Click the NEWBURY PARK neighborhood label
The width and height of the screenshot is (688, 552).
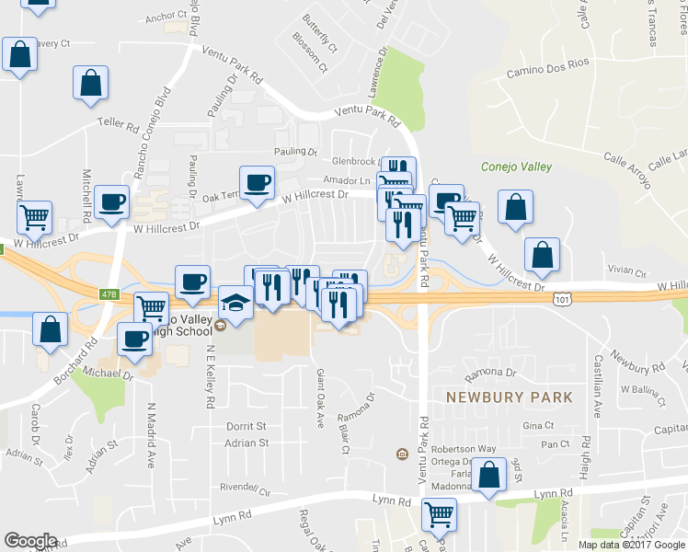coord(509,397)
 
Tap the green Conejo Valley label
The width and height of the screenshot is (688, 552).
coord(516,167)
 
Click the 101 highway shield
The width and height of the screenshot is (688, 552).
coord(563,300)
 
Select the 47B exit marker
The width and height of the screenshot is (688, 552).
coord(110,294)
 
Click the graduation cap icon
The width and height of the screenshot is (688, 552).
coord(235,305)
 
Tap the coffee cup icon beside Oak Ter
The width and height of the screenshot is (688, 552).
coord(257,182)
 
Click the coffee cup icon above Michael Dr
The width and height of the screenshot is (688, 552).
coord(135,339)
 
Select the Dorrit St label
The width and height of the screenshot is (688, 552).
coord(246,427)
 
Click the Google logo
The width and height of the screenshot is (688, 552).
coord(30,541)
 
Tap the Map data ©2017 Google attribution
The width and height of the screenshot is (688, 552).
coord(631,544)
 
